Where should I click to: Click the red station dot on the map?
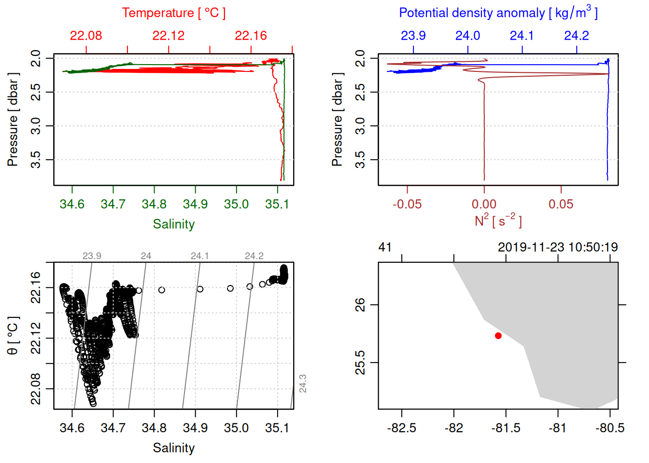click(498, 336)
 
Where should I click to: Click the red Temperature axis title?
click(173, 13)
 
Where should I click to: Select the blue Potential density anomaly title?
click(498, 13)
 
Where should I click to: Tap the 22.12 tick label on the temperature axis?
click(168, 36)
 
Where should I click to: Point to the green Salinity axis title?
click(173, 224)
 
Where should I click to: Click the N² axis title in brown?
click(498, 220)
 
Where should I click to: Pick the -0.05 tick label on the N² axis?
click(407, 204)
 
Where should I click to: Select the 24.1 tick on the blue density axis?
click(522, 36)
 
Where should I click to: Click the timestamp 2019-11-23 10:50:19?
click(558, 247)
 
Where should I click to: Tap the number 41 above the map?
click(385, 247)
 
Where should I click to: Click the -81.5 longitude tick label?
click(506, 428)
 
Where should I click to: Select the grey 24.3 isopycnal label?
click(303, 383)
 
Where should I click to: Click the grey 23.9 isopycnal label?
click(92, 256)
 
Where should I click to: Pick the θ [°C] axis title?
click(13, 336)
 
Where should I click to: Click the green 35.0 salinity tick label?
click(236, 204)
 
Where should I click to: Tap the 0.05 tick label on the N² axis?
click(561, 204)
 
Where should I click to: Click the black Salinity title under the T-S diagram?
click(173, 448)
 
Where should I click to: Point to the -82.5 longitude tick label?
click(401, 428)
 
